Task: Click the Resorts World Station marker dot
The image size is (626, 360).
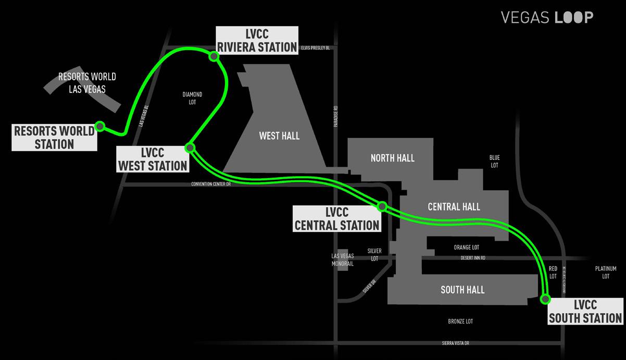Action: [100, 126]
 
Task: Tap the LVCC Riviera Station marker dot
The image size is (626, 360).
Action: [213, 56]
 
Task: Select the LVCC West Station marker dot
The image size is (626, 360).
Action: [190, 148]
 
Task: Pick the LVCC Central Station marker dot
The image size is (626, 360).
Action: [382, 206]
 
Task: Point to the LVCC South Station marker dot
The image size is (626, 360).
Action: [545, 299]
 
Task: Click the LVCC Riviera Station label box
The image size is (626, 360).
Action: [257, 40]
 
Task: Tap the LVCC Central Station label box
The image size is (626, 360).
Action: [336, 219]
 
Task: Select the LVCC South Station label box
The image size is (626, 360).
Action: [585, 311]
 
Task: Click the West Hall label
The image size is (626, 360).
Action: [279, 136]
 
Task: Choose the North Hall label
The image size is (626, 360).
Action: [393, 158]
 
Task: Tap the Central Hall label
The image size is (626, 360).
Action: [454, 207]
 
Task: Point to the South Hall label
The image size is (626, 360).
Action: [462, 290]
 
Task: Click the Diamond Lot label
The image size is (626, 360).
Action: [192, 98]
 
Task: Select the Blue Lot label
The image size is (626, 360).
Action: [494, 161]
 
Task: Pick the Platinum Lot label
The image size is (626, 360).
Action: [606, 272]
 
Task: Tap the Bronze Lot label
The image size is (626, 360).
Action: [460, 321]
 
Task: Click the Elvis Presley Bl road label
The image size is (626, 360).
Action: [316, 48]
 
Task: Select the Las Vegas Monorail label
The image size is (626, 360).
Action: [343, 260]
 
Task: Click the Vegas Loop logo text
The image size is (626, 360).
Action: [547, 17]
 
